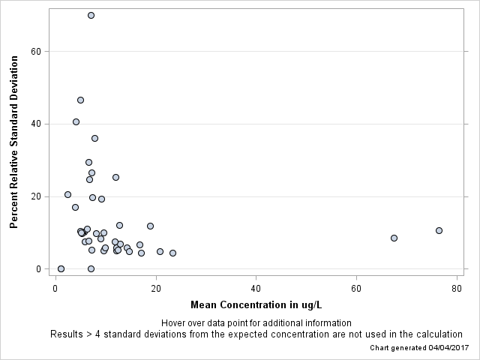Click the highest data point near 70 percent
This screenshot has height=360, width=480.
(x=91, y=15)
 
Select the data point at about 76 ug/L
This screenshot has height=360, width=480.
(x=439, y=230)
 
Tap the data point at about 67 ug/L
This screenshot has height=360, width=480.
(x=394, y=238)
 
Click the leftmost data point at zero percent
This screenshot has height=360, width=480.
(x=61, y=268)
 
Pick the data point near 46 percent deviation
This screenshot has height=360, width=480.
(x=80, y=100)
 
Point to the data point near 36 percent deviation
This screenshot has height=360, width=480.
(x=94, y=138)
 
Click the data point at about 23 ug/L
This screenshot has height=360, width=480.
(x=172, y=253)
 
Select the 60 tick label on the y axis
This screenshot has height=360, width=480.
(x=34, y=51)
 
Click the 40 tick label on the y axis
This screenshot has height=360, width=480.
(x=34, y=124)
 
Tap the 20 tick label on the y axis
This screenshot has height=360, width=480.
(x=34, y=196)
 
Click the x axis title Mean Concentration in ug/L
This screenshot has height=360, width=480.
(x=256, y=305)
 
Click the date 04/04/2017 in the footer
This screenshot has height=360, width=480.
(x=448, y=348)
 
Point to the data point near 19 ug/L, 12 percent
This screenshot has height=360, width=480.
(x=150, y=226)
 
